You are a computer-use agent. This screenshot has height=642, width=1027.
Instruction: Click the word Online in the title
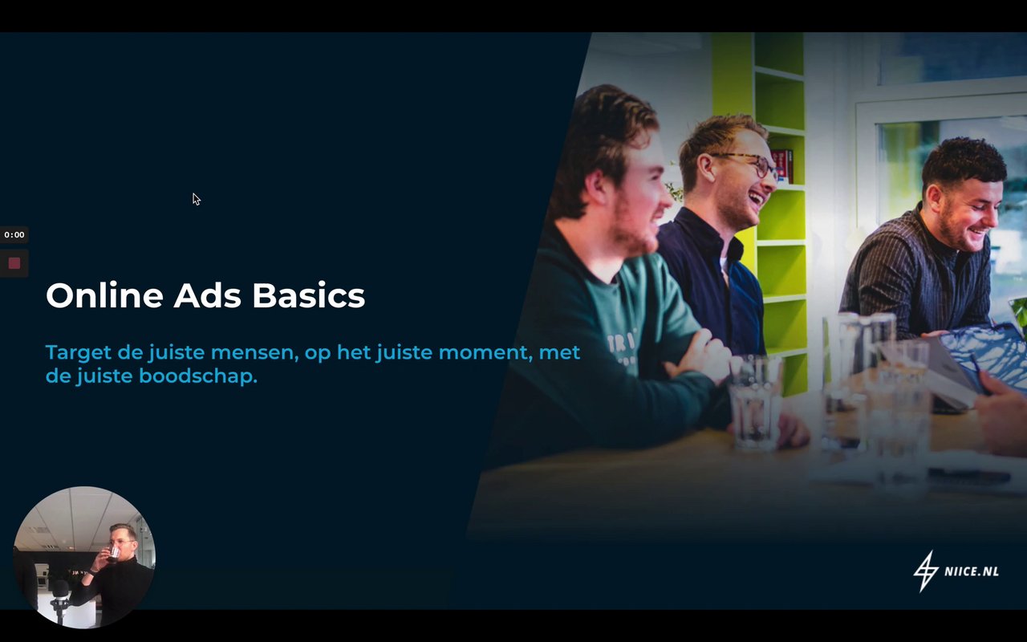[104, 295]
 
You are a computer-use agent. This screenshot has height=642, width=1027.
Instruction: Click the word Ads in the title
[207, 295]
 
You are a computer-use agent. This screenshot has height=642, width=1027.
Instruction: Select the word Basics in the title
[309, 295]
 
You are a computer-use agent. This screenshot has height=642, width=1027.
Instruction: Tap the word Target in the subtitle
[79, 353]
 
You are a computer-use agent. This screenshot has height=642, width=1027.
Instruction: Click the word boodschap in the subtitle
[198, 376]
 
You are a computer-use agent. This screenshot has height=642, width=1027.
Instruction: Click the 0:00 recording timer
[14, 235]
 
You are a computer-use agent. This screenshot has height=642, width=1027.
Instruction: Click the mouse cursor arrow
[197, 199]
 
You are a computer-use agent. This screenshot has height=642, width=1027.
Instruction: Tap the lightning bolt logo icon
[926, 571]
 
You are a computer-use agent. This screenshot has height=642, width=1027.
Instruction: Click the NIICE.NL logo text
[972, 571]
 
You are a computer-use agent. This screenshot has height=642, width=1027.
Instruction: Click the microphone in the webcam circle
[60, 591]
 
